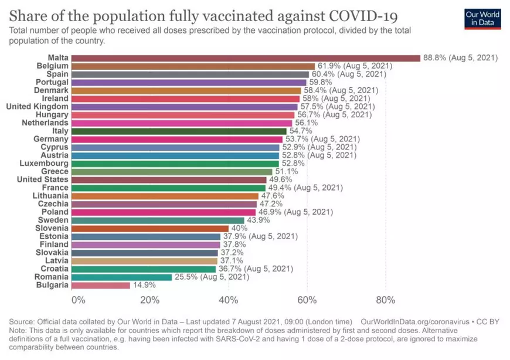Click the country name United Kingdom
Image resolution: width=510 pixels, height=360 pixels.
[37, 107]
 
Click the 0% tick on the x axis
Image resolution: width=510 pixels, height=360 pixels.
[78, 300]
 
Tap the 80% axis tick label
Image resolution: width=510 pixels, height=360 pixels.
[385, 300]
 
